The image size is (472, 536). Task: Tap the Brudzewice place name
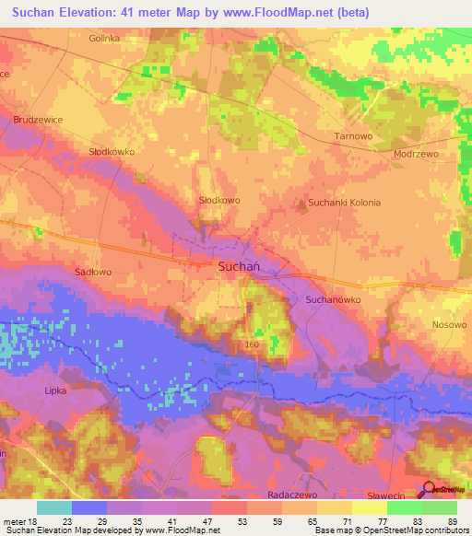tap(40, 120)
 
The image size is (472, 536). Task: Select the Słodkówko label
tap(111, 151)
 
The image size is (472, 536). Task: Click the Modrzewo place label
tap(416, 155)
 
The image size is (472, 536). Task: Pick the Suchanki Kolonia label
tap(344, 202)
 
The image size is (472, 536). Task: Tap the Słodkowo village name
tap(219, 200)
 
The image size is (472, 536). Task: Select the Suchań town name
tap(239, 266)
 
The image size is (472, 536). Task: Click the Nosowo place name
tap(449, 325)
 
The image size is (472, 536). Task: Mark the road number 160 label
tap(252, 344)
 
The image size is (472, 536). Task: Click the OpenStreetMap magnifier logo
tap(428, 491)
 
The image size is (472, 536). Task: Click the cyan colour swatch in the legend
tap(53, 507)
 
